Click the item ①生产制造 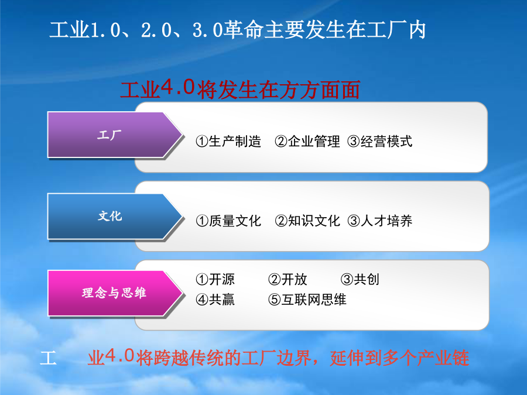click(228, 142)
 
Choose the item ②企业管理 click(307, 142)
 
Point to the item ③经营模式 click(380, 142)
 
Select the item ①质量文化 click(228, 221)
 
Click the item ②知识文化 click(307, 221)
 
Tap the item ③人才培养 click(380, 221)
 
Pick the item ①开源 click(215, 279)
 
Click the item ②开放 click(288, 279)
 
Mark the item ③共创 click(360, 279)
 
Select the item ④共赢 click(215, 300)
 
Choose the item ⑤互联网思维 click(307, 300)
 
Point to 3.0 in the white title click(207, 30)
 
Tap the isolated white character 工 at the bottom click(48, 358)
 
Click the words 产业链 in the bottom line click(443, 358)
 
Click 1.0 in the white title click(105, 30)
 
